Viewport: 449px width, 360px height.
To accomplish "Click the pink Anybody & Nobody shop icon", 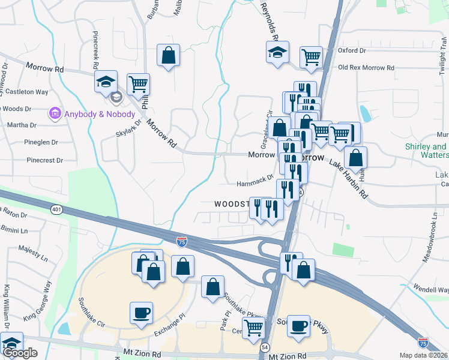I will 55,113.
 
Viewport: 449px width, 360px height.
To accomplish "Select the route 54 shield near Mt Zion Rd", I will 266,347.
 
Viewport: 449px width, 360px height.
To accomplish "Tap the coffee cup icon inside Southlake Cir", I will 141,313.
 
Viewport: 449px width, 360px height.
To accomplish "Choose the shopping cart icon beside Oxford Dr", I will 311,58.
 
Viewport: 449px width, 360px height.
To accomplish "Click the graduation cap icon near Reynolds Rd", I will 277,52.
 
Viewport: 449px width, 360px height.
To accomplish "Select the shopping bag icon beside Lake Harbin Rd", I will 355,158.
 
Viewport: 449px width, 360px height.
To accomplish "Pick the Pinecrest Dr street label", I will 45,160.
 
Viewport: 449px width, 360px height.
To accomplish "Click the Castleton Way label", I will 28,92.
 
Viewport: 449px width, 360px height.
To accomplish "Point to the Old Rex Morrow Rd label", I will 366,68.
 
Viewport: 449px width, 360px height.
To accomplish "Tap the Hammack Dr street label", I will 255,178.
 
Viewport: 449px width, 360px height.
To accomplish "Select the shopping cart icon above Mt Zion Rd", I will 254,328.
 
